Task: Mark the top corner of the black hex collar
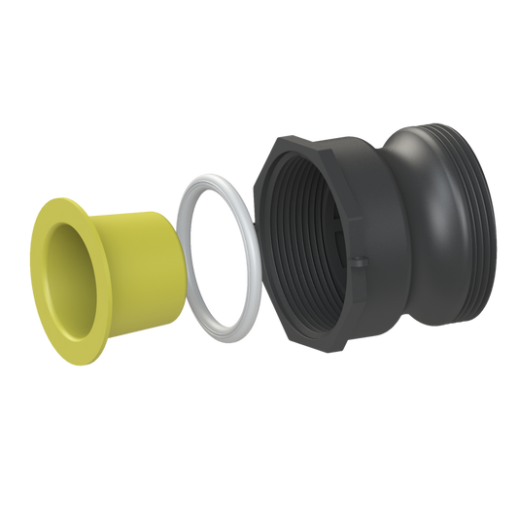pos(282,136)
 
